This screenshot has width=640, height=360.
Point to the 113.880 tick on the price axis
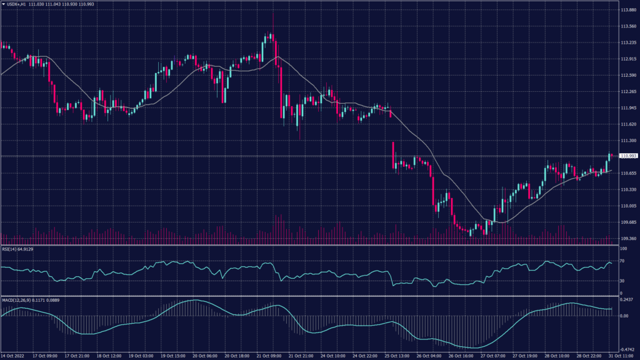click(x=627, y=11)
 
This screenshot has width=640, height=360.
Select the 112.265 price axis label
click(x=627, y=92)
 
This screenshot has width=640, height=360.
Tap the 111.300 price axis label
click(x=627, y=141)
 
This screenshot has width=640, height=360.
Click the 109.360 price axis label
click(x=627, y=238)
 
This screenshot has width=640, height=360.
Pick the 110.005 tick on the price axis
click(x=627, y=206)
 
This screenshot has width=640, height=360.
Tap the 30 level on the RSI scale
click(x=622, y=281)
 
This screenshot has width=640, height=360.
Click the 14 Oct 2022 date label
click(x=13, y=356)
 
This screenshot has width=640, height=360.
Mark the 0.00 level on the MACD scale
click(x=624, y=316)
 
